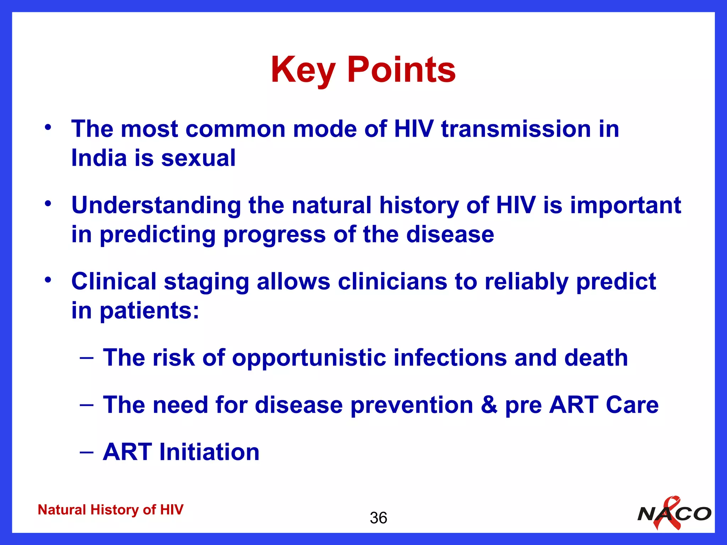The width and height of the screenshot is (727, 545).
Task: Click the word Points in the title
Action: (x=401, y=70)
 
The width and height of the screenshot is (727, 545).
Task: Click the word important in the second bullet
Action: (x=625, y=206)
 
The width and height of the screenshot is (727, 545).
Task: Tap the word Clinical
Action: (x=114, y=282)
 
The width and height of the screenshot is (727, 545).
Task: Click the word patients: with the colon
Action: (x=149, y=311)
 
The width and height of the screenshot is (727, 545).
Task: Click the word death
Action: (x=596, y=357)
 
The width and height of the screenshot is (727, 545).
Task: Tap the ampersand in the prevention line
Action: (x=489, y=405)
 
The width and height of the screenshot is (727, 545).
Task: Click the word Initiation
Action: (x=209, y=452)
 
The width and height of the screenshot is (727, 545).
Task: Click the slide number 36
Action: (x=378, y=518)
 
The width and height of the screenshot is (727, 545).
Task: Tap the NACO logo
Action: (x=674, y=514)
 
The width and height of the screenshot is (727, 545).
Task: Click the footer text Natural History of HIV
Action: (x=110, y=510)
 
